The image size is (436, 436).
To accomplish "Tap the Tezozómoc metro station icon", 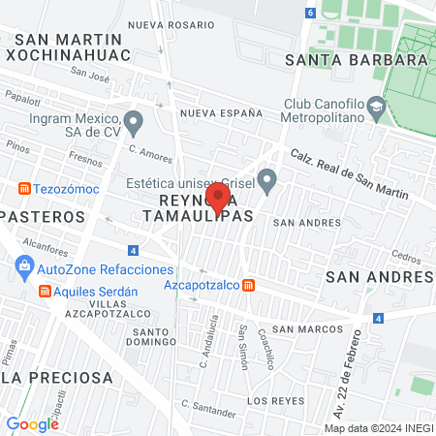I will point(23,187).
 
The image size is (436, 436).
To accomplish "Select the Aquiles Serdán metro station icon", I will point(44,292).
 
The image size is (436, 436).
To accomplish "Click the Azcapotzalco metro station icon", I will point(250,286).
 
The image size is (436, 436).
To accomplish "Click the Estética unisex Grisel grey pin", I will point(269,179).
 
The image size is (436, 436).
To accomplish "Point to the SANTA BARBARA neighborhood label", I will point(358,59).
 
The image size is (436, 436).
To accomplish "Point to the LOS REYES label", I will point(270,399).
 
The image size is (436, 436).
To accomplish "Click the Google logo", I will point(33,423).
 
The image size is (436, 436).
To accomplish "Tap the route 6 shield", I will point(310,13).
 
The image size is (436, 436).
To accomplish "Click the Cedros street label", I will point(407,258).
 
